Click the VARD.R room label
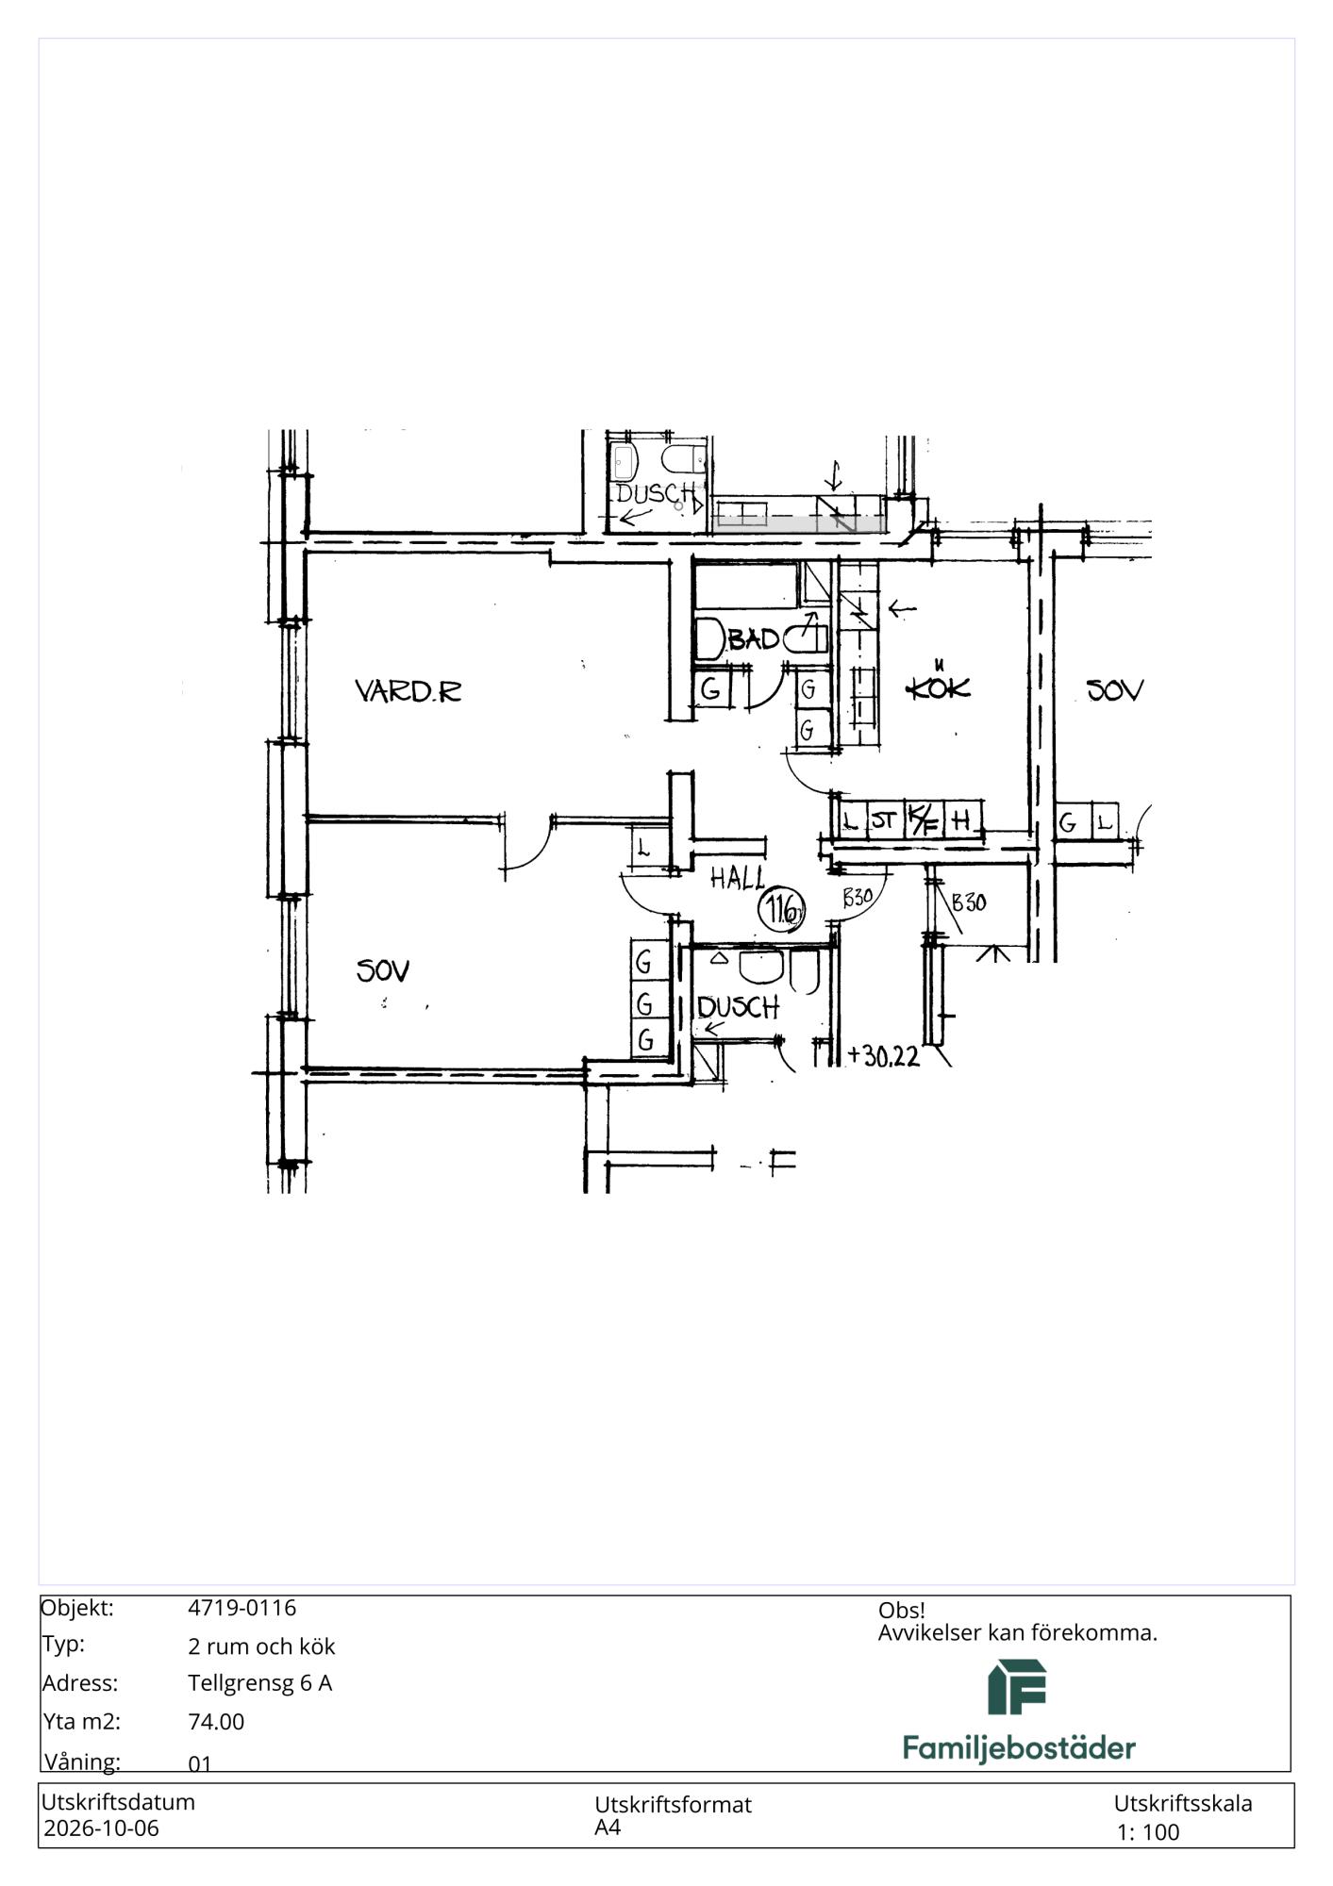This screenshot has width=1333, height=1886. (408, 691)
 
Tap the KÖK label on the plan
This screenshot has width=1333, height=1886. (938, 686)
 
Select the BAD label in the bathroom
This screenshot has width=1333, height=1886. (754, 639)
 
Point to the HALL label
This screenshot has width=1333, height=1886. (738, 879)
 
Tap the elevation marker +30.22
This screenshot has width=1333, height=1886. (884, 1055)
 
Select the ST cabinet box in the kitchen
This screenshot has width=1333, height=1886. (884, 819)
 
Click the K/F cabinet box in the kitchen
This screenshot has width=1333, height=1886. (923, 819)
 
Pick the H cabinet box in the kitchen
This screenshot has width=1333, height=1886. (961, 819)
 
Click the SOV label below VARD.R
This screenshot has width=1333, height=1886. (383, 970)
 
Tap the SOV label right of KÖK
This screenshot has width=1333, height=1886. (1115, 690)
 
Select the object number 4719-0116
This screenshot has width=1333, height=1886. (242, 1608)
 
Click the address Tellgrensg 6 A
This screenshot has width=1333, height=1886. (260, 1683)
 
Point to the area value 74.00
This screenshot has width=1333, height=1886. (216, 1722)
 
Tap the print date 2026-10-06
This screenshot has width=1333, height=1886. (102, 1828)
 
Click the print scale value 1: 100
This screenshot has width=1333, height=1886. (1148, 1832)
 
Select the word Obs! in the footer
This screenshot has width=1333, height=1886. (902, 1611)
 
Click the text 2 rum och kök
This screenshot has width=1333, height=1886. (261, 1646)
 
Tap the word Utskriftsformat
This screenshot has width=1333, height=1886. (673, 1805)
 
